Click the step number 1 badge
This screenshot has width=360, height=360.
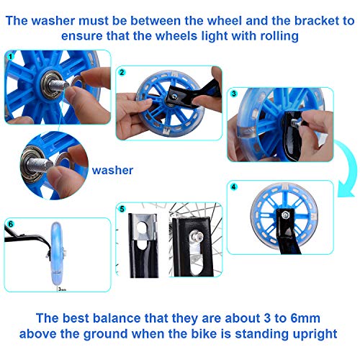click(10, 55)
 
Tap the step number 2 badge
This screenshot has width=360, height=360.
click(122, 72)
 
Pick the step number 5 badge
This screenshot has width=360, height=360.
click(122, 210)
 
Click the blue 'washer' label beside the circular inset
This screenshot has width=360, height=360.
click(112, 171)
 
